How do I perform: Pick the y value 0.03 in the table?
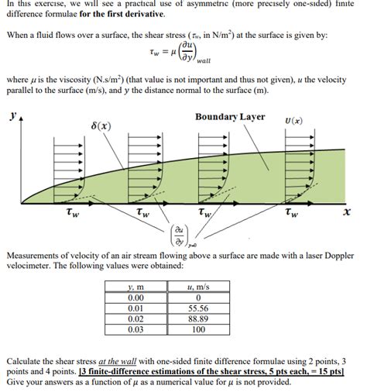[x=135, y=328]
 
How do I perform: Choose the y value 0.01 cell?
[x=135, y=308]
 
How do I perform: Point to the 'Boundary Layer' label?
[x=230, y=117]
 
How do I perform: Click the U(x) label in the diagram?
[x=293, y=121]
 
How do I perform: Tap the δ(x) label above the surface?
[x=99, y=126]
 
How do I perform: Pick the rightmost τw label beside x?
[x=290, y=212]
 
